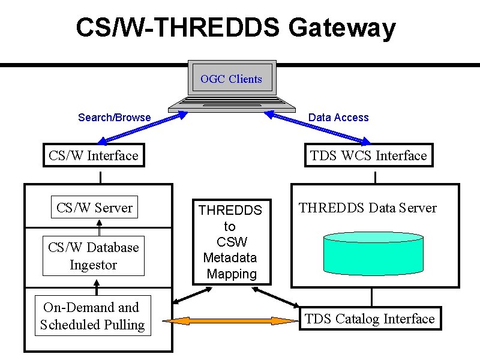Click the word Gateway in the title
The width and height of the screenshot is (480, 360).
pos(342,28)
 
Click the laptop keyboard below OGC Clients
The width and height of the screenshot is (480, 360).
pos(232,104)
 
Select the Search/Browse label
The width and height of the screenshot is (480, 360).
pos(114,118)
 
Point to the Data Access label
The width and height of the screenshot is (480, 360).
pos(338,118)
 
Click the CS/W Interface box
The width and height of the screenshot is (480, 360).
pos(94,155)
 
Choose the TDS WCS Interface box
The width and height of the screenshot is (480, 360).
pos(369,155)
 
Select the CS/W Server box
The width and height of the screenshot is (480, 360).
pos(94,207)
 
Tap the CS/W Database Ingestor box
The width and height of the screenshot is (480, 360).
pos(94,256)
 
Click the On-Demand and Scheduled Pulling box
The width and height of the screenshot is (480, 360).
pos(93,316)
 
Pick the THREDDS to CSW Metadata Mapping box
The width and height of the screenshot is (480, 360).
pos(232,242)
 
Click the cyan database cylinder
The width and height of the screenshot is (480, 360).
pos(373,253)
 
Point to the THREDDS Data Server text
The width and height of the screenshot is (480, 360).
pos(367,208)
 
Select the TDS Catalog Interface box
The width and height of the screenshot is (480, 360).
pos(370,319)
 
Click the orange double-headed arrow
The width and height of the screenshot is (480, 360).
pos(230,321)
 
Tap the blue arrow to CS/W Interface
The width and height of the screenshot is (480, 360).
pos(142,128)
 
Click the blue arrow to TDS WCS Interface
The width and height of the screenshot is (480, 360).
pos(317,128)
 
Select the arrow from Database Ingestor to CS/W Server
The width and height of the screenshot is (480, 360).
pos(99,227)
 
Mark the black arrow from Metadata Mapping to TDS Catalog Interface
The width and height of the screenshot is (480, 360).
pos(275,297)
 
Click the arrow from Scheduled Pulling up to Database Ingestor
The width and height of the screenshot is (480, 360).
pos(97,287)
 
